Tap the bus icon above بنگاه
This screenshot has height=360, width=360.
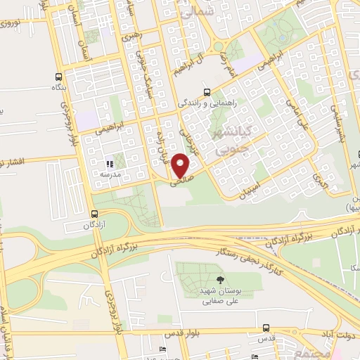[x=58, y=77]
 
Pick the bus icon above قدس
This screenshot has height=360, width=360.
[x=266, y=328]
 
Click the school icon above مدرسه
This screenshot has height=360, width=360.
[x=109, y=164]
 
